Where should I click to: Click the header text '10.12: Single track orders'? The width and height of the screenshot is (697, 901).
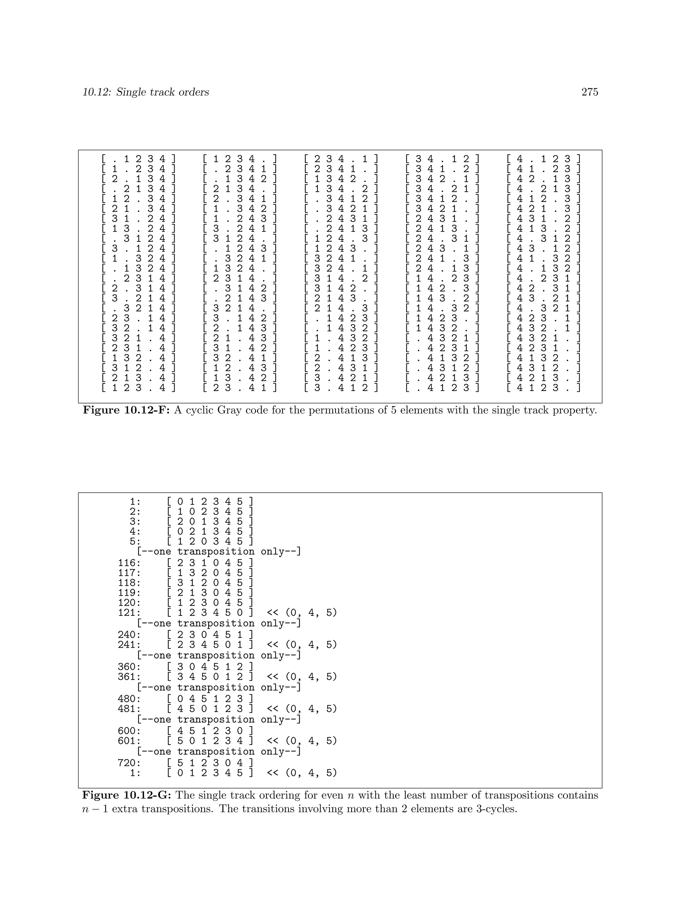point(146,92)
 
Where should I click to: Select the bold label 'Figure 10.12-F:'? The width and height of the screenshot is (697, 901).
point(126,410)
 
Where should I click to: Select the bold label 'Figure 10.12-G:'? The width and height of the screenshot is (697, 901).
point(127,795)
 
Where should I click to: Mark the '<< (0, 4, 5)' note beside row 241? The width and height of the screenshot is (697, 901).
point(302,644)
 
